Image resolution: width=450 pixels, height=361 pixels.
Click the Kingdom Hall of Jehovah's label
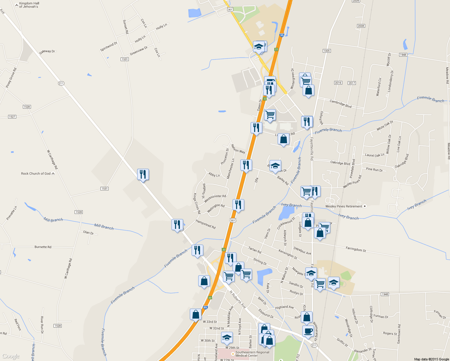coord(29,5)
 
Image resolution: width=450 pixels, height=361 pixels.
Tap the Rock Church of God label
coord(36,174)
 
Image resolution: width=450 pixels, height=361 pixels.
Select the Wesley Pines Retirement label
coord(344,206)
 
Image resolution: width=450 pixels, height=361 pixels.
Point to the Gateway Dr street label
coord(47,52)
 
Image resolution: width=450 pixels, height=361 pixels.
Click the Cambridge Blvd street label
coord(341,103)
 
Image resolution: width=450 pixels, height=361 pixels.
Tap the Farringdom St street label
coord(356,249)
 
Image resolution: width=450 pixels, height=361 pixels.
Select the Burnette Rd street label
coord(43,247)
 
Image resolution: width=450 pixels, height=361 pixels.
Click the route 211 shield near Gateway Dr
coord(61,83)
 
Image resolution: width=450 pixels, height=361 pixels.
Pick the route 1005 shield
coord(327,51)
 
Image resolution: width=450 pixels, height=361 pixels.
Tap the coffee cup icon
coord(308,332)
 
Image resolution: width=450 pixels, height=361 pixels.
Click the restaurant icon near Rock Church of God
coord(143,174)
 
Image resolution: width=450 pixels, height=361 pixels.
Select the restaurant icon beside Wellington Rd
coord(238,205)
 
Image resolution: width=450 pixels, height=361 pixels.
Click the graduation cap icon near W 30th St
coord(227,338)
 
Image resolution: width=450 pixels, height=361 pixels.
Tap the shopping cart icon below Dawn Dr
coord(270,115)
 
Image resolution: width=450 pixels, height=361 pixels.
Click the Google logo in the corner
coord(11,356)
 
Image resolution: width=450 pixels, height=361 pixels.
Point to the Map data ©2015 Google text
coord(431,359)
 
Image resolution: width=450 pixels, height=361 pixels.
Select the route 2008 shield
coord(361,26)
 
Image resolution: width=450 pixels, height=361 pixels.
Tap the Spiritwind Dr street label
coord(109,46)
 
